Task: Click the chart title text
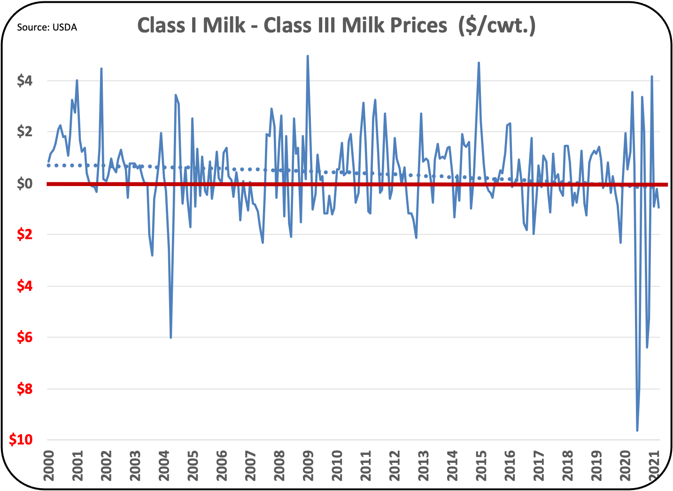tap(336, 25)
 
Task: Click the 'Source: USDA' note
tap(47, 28)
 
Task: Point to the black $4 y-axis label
tap(25, 81)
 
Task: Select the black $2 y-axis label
tap(25, 132)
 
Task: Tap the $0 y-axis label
tap(25, 183)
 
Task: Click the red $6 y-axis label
tap(25, 337)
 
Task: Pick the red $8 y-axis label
tap(25, 389)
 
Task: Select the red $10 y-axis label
tap(21, 440)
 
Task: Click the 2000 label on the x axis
tap(49, 466)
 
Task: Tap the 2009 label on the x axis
tap(309, 466)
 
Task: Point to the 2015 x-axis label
tap(481, 466)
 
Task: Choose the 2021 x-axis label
tap(654, 466)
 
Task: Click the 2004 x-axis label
tap(164, 466)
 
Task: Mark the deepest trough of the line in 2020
tap(637, 430)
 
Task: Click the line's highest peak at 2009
tap(308, 56)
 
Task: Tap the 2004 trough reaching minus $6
tap(170, 337)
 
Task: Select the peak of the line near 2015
tap(479, 62)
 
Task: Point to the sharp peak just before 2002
tap(101, 69)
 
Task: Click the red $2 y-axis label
tap(25, 234)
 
